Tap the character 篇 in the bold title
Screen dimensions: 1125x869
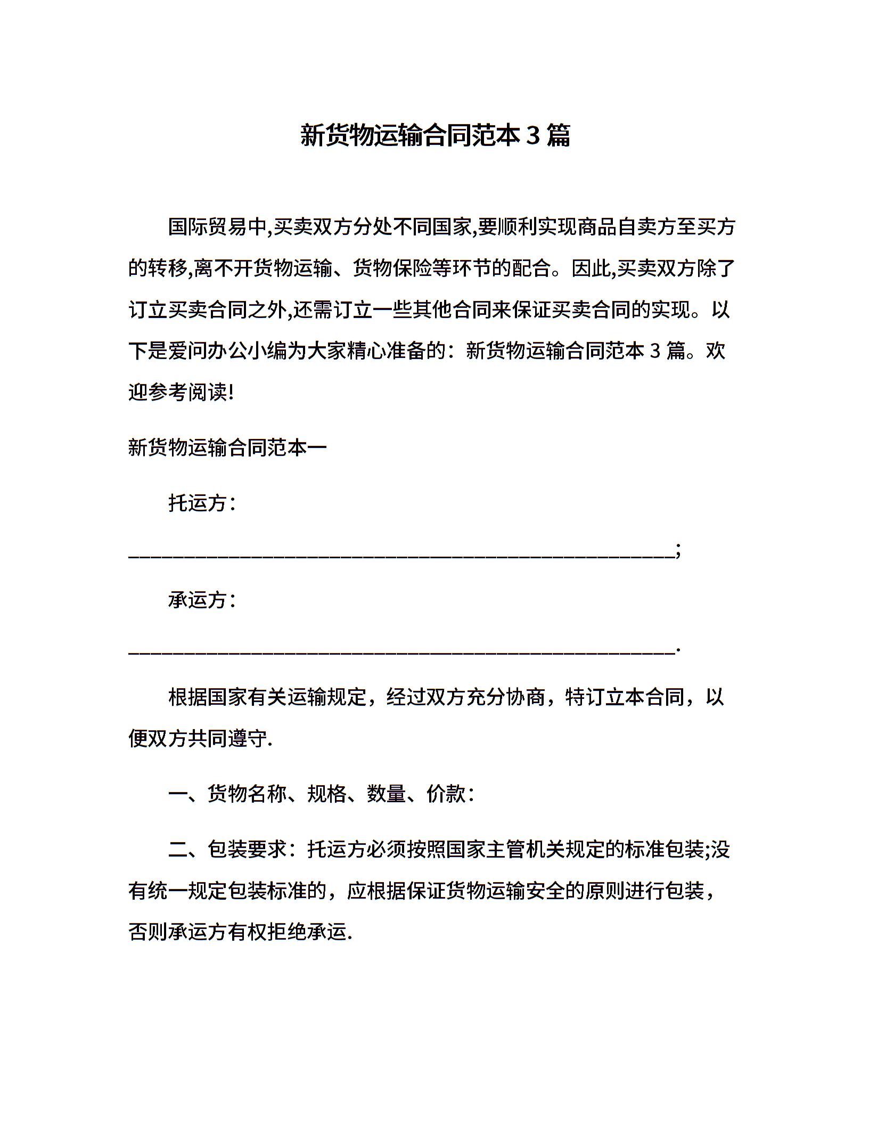[558, 136]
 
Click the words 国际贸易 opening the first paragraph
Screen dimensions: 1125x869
[208, 227]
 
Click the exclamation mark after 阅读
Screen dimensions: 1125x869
[231, 393]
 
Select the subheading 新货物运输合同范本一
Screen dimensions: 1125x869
[227, 448]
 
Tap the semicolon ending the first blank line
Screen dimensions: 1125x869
[677, 550]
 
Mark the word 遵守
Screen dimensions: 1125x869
[247, 739]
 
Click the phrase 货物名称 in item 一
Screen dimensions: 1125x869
[247, 794]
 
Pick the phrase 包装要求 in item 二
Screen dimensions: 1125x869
[247, 850]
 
